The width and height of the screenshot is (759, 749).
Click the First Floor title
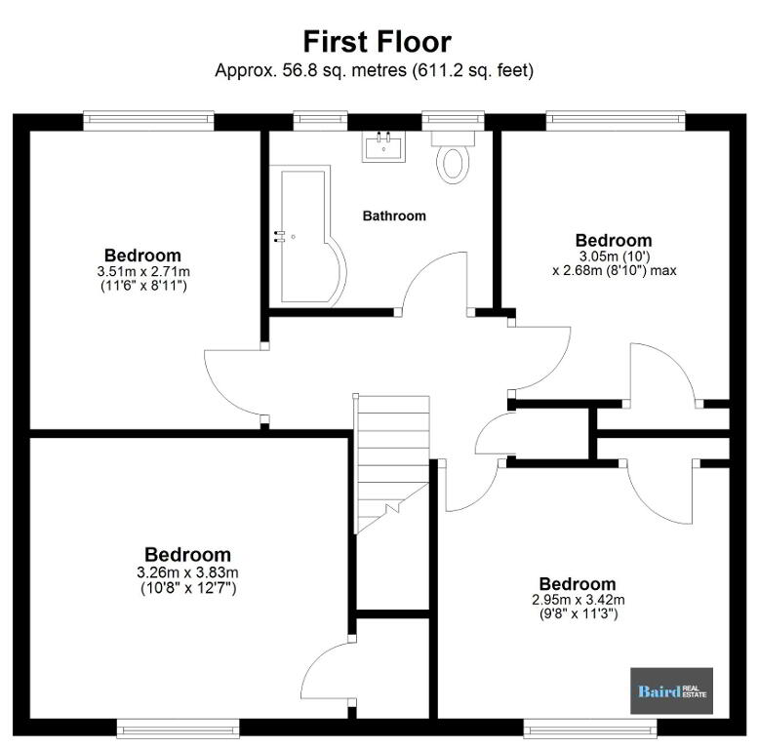click(x=378, y=42)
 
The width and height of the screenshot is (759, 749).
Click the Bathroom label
click(x=394, y=216)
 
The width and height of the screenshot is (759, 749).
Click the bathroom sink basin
click(x=383, y=145)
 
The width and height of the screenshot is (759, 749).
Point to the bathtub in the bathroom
click(x=308, y=236)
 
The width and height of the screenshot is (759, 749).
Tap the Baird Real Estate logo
click(x=671, y=690)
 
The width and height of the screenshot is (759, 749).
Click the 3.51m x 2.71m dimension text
click(x=143, y=271)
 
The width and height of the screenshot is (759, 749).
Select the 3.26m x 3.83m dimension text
click(x=188, y=572)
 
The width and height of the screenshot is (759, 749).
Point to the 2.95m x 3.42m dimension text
click(x=578, y=600)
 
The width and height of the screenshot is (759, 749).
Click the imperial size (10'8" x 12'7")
click(x=188, y=588)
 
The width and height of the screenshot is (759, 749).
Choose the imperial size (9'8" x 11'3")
click(x=579, y=614)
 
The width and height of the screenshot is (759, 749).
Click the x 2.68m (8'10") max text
click(x=615, y=270)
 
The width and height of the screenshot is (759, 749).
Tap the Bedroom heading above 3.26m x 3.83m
click(x=188, y=555)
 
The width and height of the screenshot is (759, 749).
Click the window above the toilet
click(x=453, y=121)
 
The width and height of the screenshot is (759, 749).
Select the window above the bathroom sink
click(x=320, y=121)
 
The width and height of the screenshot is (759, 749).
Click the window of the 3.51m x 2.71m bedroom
click(x=148, y=121)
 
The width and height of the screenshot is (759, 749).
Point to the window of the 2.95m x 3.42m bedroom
click(x=589, y=729)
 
